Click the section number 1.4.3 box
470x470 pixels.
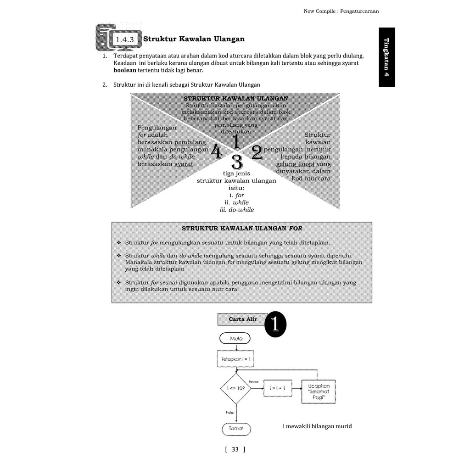(x=125, y=39)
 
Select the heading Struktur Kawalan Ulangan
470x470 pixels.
(x=194, y=39)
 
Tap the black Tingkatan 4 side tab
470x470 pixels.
(x=386, y=57)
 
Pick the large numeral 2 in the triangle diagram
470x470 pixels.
(x=257, y=152)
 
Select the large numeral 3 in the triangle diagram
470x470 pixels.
(x=237, y=162)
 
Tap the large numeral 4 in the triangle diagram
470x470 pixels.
(x=216, y=152)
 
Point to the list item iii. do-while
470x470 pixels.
(x=237, y=209)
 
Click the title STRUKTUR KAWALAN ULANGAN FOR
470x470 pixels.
(x=242, y=228)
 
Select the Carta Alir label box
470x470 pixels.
(x=243, y=319)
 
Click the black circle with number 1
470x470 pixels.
(x=275, y=324)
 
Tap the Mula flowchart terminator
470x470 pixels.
(x=235, y=338)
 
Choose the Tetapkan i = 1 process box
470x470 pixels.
(x=236, y=359)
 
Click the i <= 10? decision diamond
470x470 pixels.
(x=236, y=388)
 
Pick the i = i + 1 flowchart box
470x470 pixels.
(x=277, y=388)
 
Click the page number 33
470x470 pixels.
(x=235, y=449)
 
